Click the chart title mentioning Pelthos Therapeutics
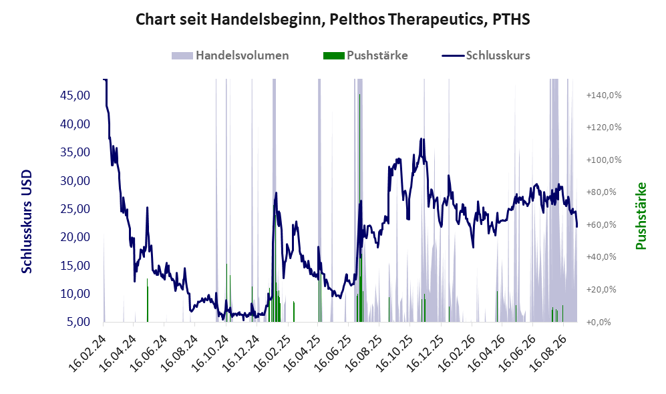point(333,19)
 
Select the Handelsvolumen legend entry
point(230,55)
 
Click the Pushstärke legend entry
point(365,55)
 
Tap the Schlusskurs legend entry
point(486,55)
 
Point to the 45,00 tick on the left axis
point(75,95)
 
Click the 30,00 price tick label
point(75,180)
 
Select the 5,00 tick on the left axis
point(79,322)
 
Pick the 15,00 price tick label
point(75,265)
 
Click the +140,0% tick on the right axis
point(604,95)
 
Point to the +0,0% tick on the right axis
point(599,322)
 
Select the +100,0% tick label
point(604,160)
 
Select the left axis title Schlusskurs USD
point(27,222)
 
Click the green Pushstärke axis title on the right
point(641,216)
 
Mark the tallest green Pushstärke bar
point(359,208)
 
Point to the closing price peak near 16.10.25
point(421,139)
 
